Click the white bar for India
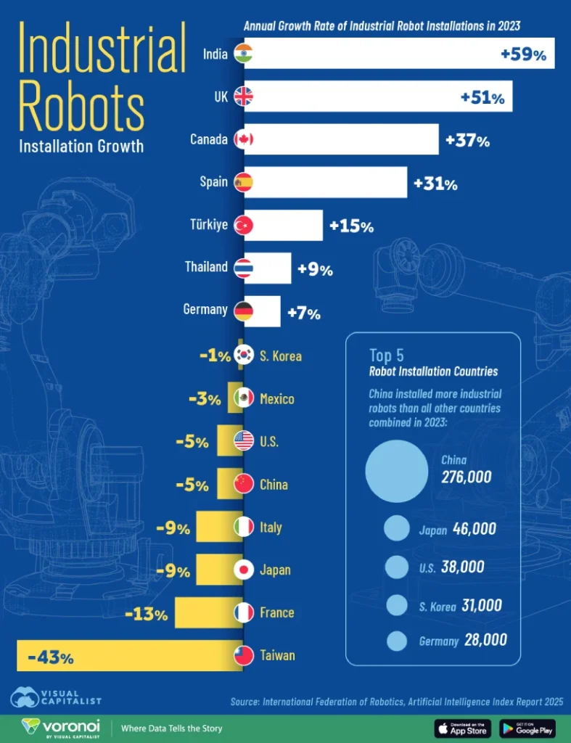(399, 54)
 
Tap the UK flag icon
(244, 97)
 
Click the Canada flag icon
(244, 139)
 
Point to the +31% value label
(435, 184)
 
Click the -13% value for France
(147, 616)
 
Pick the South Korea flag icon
(245, 356)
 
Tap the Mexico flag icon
(245, 398)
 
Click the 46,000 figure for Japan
(474, 530)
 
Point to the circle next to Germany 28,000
(397, 641)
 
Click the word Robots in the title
(81, 107)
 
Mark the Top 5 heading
(387, 355)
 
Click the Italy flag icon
(245, 528)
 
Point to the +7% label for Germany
(303, 313)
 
